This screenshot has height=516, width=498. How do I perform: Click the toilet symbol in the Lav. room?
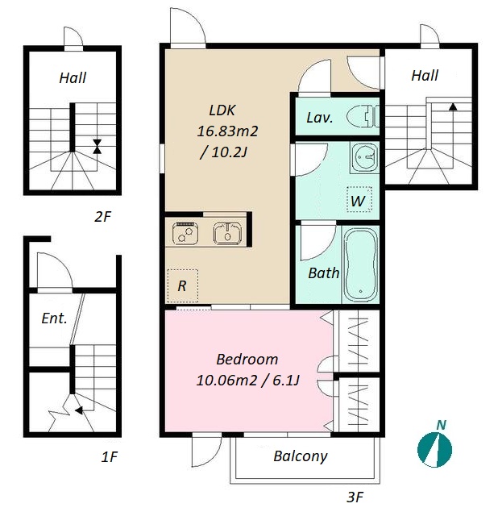(363, 116)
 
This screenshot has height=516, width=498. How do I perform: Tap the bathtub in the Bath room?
(361, 264)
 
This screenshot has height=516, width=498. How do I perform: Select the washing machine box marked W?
(359, 199)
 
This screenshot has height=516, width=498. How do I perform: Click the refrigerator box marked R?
(183, 285)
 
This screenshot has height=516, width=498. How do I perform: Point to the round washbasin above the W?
(364, 158)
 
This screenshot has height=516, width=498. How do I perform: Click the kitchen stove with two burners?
(185, 233)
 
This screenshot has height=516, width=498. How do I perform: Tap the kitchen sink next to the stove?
(227, 233)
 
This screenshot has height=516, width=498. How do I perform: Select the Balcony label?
(301, 456)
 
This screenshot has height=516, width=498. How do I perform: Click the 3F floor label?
(355, 497)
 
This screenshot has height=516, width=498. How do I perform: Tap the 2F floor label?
(102, 217)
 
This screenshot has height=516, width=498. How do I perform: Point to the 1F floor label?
(109, 457)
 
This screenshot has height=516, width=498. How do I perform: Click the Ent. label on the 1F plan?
(54, 318)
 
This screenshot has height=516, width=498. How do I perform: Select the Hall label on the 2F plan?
(73, 78)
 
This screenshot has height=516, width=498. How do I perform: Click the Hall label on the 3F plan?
(425, 75)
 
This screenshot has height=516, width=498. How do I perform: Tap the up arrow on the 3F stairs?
(453, 106)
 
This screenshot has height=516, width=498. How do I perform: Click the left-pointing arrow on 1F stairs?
(79, 410)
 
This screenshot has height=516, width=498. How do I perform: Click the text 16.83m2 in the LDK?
(227, 131)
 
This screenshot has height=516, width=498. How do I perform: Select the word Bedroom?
(247, 359)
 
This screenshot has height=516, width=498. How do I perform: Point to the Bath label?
(324, 273)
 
